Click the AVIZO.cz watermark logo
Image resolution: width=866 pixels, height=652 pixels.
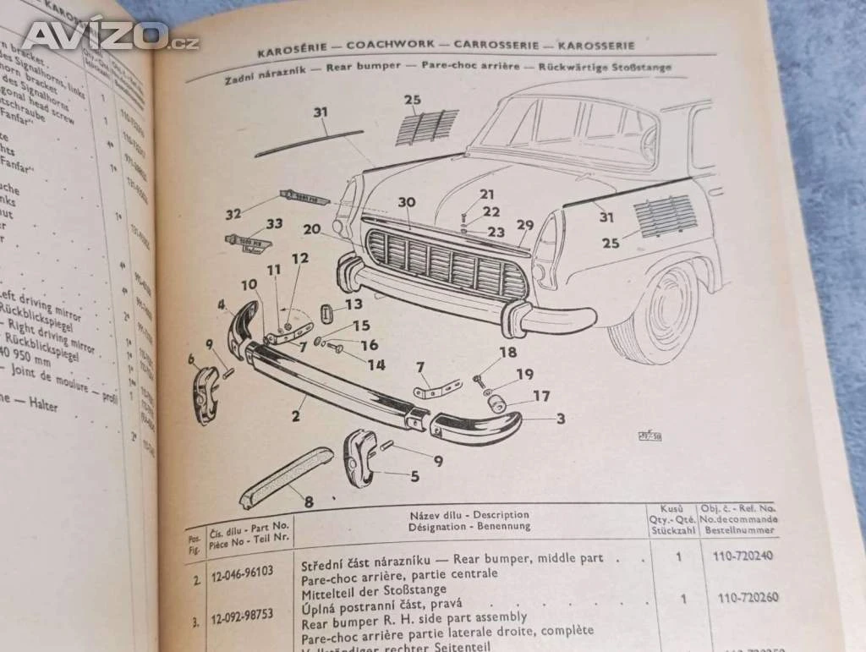[110, 36]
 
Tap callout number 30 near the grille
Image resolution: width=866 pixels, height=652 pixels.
[407, 201]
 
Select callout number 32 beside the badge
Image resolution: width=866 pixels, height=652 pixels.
[234, 213]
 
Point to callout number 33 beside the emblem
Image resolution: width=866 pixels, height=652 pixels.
[274, 225]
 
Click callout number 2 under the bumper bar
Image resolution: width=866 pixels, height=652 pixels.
[295, 415]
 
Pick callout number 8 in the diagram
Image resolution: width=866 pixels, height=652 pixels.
[309, 501]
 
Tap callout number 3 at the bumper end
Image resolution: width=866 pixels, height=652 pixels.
[560, 418]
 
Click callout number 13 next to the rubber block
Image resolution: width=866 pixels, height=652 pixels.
[353, 304]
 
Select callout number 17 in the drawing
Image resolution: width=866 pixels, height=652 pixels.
[540, 395]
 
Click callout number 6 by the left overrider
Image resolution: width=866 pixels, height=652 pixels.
[192, 359]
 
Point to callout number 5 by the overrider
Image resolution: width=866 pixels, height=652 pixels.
[414, 476]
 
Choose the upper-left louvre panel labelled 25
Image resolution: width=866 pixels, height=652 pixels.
[427, 127]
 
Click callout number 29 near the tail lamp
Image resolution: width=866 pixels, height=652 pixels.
[525, 225]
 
